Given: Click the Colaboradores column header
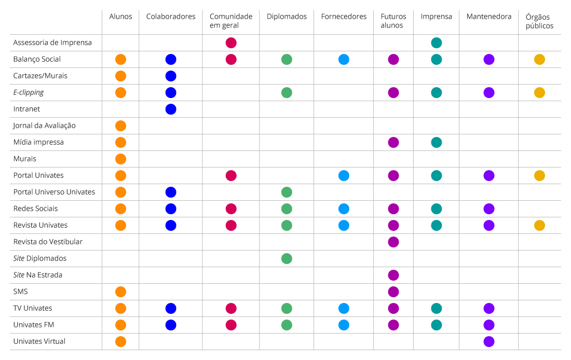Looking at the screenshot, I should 171,17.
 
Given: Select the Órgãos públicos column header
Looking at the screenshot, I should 539,21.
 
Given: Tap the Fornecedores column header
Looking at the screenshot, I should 344,17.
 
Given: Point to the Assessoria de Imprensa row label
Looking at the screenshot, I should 52,43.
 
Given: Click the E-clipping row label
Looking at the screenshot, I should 29,92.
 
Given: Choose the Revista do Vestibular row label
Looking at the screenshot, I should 48,242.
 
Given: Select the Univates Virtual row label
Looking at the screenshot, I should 39,341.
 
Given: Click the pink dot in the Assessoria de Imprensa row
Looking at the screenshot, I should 231,43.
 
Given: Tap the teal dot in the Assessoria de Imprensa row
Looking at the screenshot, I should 437,43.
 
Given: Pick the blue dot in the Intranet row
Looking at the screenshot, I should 171,109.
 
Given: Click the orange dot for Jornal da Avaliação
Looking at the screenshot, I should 120,126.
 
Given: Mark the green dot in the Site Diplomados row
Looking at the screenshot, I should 287,259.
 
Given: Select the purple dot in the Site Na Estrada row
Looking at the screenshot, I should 393,275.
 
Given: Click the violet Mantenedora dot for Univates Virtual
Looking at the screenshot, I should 488,342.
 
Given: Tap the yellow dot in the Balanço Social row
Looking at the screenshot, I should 539,60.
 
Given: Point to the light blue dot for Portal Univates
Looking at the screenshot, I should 344,176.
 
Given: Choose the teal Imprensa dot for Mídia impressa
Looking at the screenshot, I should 437,143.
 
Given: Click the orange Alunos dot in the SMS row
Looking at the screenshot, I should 120,292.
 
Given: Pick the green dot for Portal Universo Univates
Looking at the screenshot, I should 287,192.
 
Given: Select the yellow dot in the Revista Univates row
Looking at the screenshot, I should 539,226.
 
